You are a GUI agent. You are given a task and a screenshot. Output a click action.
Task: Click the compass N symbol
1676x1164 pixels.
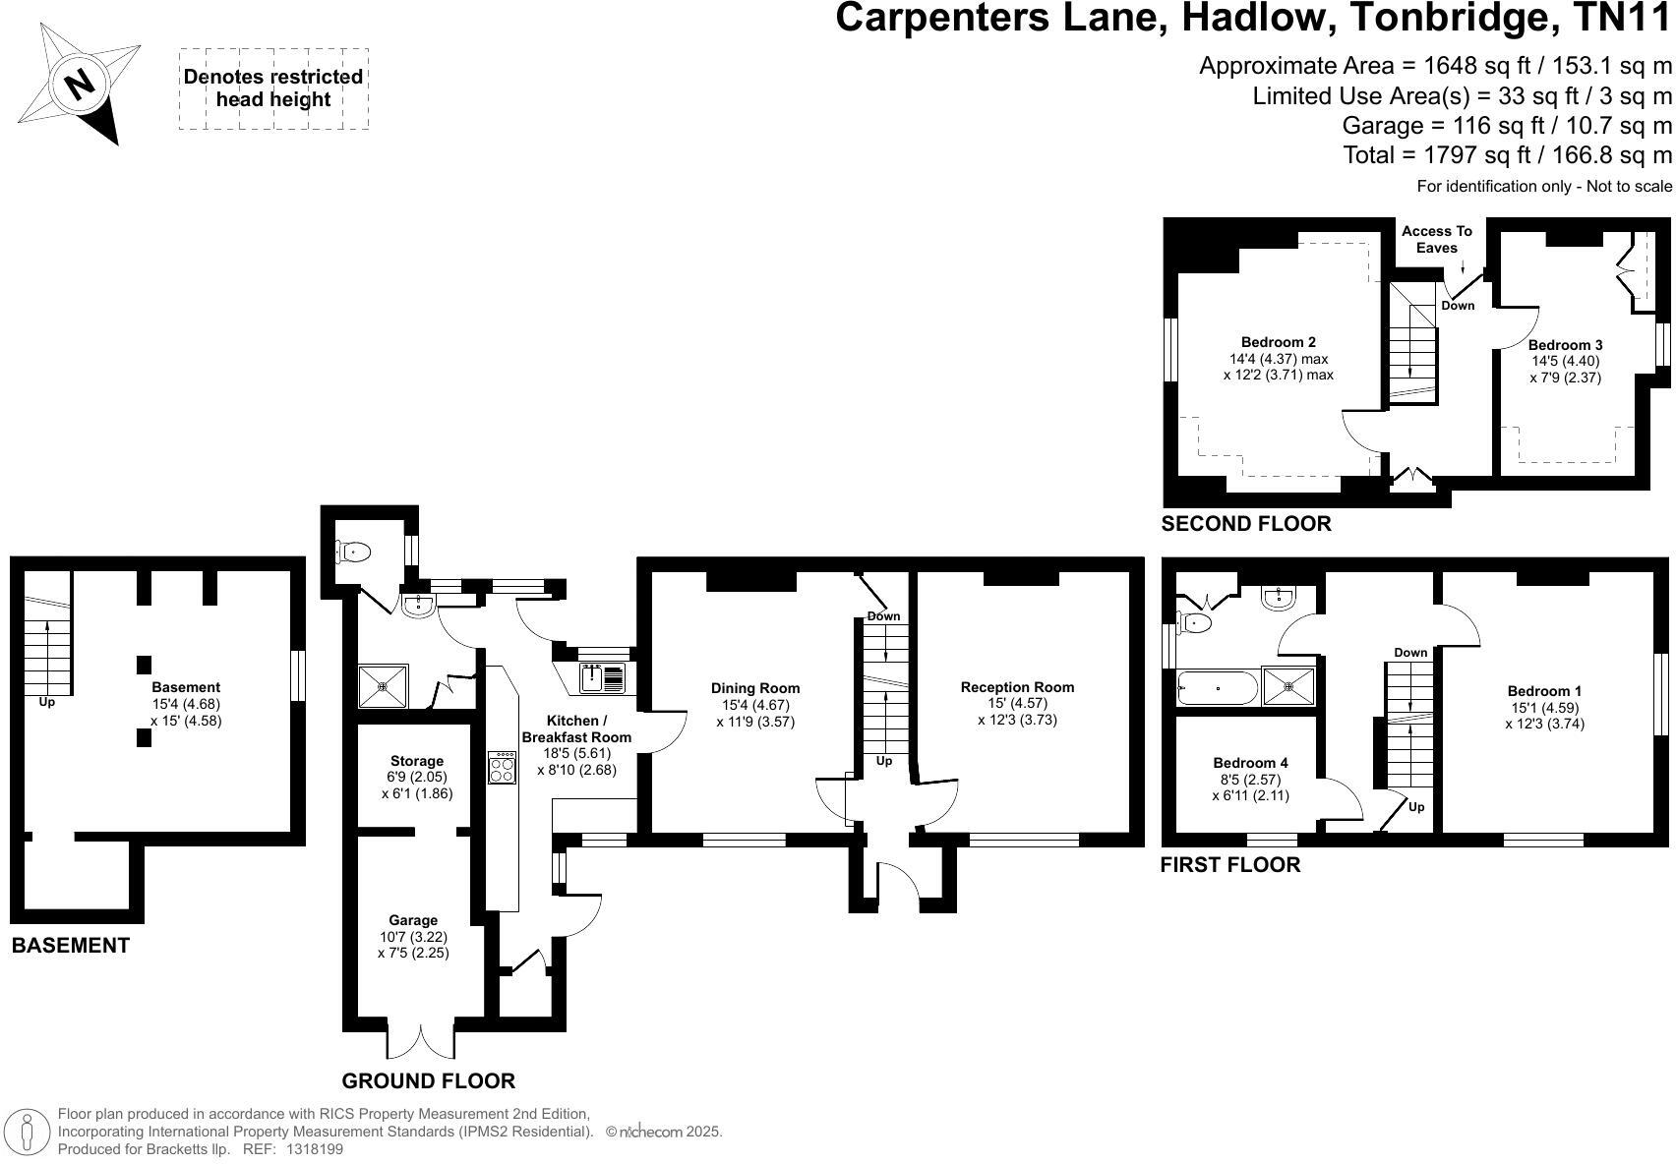[79, 85]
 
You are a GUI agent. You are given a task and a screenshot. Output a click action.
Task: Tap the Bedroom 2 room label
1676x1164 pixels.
[1278, 342]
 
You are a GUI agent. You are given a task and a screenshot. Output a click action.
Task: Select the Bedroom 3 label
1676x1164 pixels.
[1565, 345]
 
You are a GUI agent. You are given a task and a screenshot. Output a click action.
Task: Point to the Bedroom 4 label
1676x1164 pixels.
[1250, 763]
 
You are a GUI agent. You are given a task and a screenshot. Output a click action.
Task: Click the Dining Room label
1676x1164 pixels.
[755, 688]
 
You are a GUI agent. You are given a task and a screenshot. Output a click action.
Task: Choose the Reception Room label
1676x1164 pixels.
[1017, 687]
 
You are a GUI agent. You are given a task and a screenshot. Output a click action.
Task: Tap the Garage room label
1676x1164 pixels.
[413, 920]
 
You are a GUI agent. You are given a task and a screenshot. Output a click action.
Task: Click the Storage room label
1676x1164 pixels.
[417, 761]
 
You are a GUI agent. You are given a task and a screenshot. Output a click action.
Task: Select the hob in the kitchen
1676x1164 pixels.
[502, 767]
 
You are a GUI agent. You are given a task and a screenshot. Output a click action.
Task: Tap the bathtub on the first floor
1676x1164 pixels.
[1218, 688]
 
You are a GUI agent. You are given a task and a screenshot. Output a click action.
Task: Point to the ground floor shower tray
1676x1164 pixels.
[383, 685]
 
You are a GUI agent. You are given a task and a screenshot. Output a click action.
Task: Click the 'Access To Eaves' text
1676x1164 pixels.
[1437, 239]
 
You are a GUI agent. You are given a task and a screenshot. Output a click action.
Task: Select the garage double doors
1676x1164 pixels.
[421, 1038]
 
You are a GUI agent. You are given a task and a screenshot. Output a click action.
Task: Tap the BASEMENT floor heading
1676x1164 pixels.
[70, 946]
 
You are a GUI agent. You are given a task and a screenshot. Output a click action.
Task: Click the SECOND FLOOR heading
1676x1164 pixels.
[1246, 524]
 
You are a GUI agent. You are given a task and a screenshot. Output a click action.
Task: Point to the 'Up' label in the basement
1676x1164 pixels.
[46, 702]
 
